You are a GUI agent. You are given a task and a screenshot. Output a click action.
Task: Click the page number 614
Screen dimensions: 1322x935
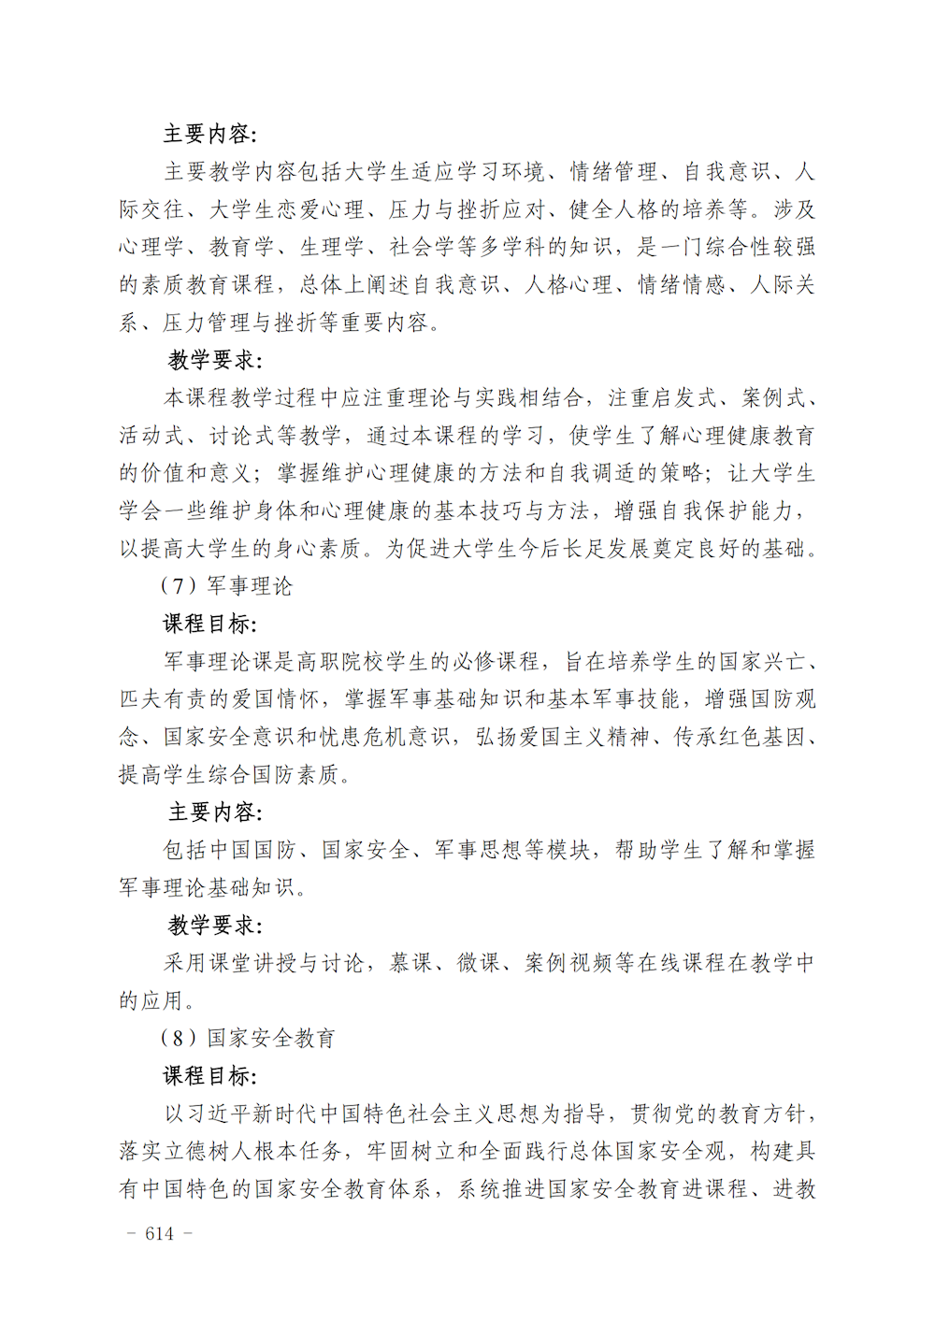pyautogui.click(x=160, y=1234)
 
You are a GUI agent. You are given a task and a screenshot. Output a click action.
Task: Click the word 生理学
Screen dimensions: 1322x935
pyautogui.click(x=333, y=247)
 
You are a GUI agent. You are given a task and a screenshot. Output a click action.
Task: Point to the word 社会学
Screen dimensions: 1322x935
pyautogui.click(x=423, y=247)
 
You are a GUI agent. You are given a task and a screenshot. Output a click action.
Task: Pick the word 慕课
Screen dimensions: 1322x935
pyautogui.click(x=410, y=963)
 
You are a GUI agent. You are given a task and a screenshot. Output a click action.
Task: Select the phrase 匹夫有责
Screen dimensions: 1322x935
pyautogui.click(x=163, y=699)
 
